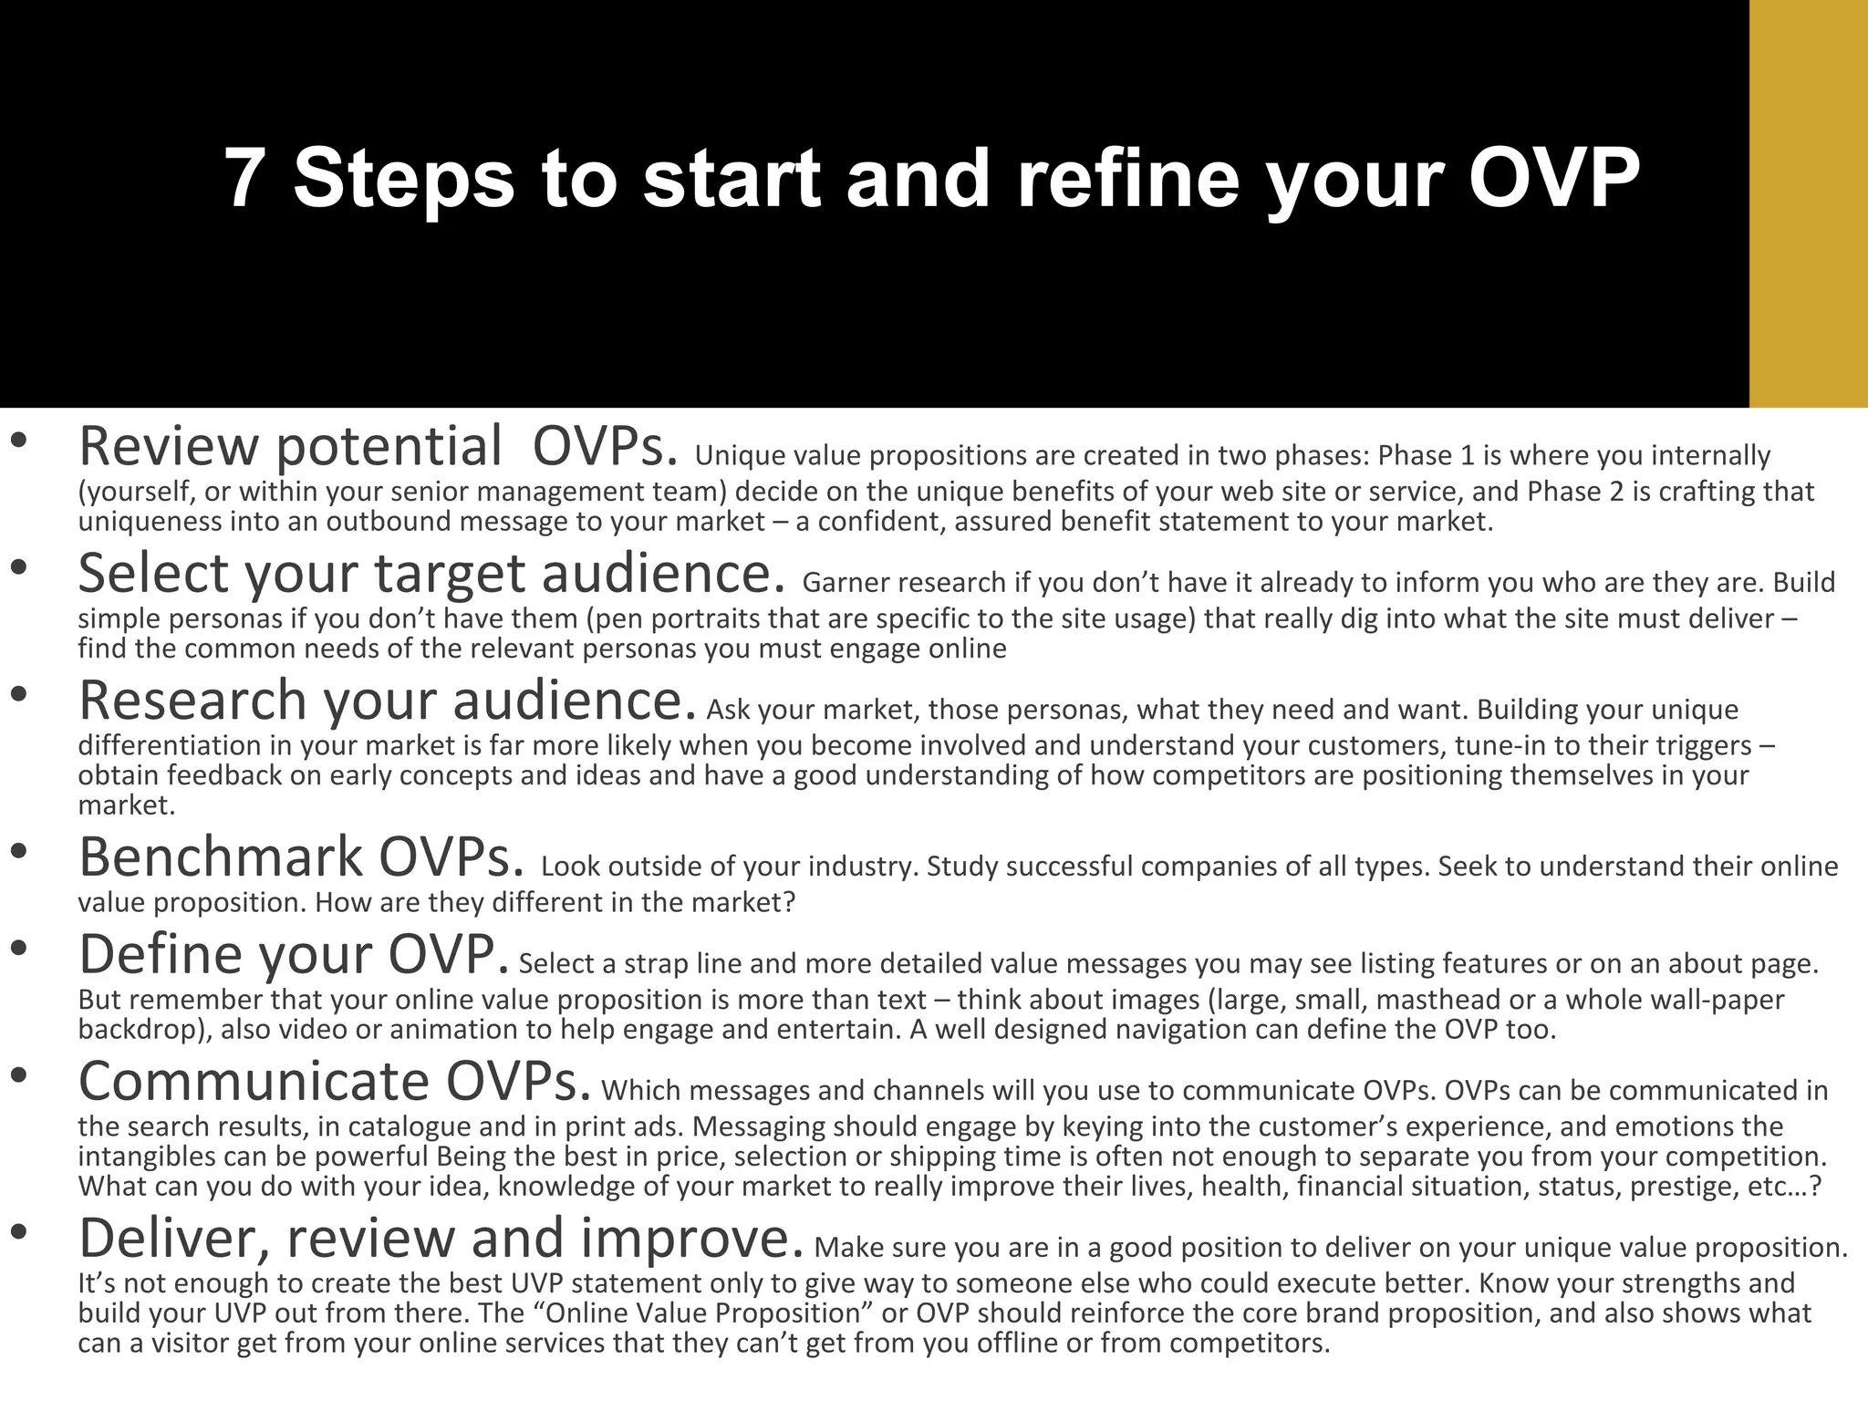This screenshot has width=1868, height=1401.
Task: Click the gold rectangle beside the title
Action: (x=1808, y=203)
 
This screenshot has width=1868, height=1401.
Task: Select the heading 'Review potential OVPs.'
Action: (x=379, y=447)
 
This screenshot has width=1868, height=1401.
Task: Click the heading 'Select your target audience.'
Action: (x=431, y=574)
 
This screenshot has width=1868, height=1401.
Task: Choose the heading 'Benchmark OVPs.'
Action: (x=301, y=857)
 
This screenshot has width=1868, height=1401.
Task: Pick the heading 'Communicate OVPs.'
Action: (x=334, y=1081)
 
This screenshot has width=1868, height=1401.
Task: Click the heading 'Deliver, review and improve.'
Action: (x=441, y=1238)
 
